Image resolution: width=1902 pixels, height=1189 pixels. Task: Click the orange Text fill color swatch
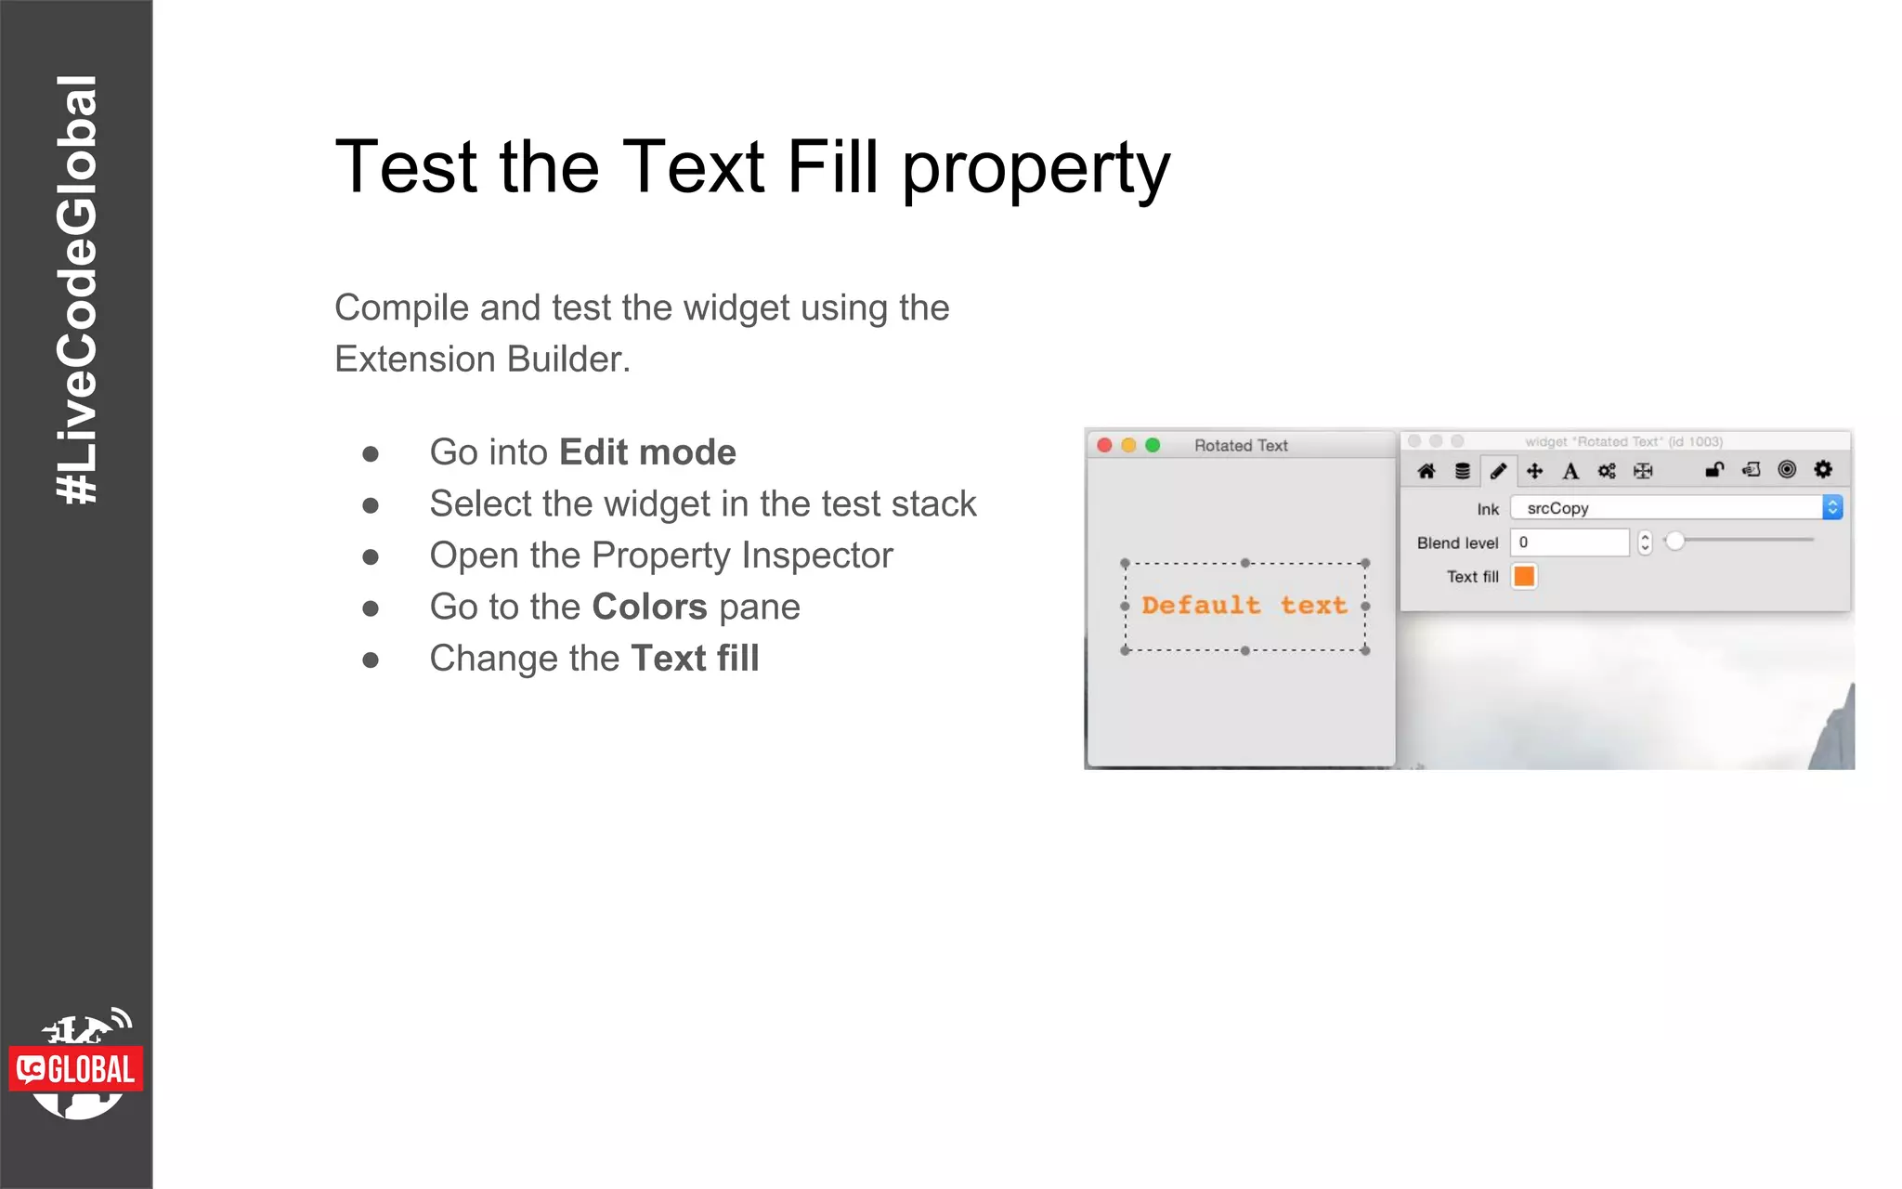click(x=1524, y=577)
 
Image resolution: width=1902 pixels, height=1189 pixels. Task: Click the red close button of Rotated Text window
click(x=1104, y=445)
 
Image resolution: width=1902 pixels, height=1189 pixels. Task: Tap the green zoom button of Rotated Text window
click(x=1153, y=445)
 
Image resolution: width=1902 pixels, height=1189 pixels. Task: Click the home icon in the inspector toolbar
click(x=1426, y=471)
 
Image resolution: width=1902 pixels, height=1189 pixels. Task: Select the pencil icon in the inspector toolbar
click(x=1498, y=471)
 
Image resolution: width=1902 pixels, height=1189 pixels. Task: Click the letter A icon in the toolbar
click(x=1570, y=471)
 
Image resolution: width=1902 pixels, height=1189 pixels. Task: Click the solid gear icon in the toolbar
click(x=1823, y=469)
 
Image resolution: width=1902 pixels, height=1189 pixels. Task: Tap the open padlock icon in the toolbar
click(x=1714, y=470)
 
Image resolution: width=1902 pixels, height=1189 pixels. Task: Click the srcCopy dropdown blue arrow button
click(x=1832, y=507)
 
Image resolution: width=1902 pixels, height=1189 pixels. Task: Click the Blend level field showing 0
click(x=1570, y=542)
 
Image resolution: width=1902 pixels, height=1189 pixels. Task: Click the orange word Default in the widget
click(x=1201, y=606)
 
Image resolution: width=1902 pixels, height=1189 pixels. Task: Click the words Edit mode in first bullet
click(x=647, y=452)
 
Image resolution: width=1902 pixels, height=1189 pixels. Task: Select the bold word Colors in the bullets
click(x=649, y=607)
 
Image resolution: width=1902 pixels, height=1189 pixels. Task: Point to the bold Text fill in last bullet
click(x=695, y=659)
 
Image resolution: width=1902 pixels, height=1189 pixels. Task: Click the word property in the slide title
click(x=1036, y=169)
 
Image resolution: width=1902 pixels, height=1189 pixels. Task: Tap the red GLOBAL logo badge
click(x=76, y=1069)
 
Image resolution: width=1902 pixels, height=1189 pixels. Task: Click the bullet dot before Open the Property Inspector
click(x=371, y=556)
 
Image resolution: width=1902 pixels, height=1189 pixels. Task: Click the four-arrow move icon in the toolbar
click(x=1534, y=471)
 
